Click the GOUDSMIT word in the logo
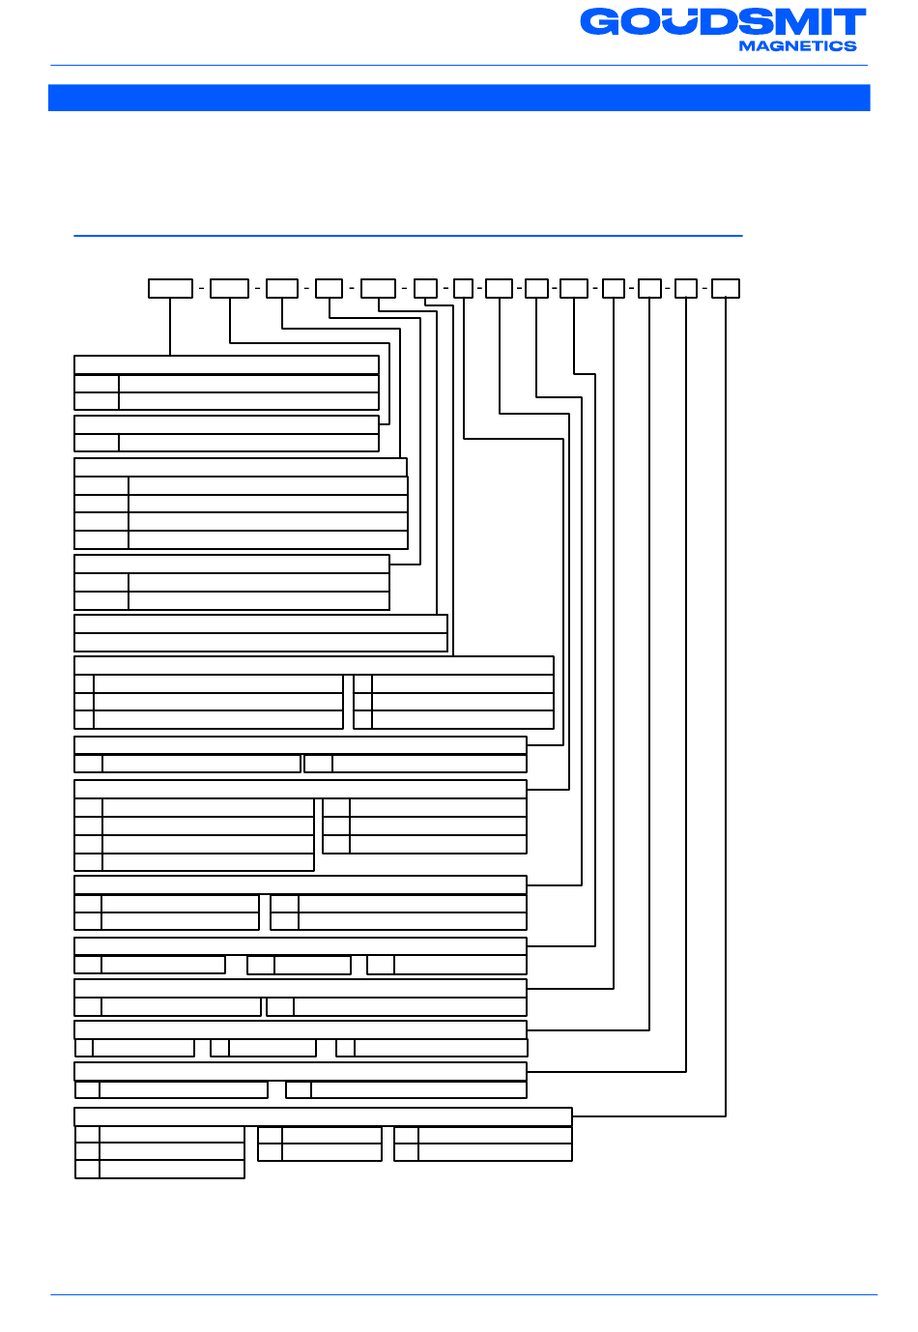[x=723, y=21]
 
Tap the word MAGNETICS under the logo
[x=797, y=45]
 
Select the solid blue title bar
[x=459, y=98]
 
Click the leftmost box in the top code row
[x=170, y=288]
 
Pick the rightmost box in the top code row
[x=726, y=288]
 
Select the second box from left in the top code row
[x=230, y=288]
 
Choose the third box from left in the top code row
[x=282, y=288]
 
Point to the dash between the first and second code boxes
[x=201, y=288]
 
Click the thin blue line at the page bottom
[x=464, y=1294]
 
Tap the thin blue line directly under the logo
[x=459, y=66]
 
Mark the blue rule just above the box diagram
[x=408, y=236]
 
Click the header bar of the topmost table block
[x=226, y=365]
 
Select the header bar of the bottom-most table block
[x=323, y=1116]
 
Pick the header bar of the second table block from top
[x=226, y=424]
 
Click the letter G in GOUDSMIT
[x=600, y=22]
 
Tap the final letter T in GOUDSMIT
[x=849, y=22]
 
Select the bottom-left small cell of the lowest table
[x=87, y=1169]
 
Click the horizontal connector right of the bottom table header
[x=649, y=1116]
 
